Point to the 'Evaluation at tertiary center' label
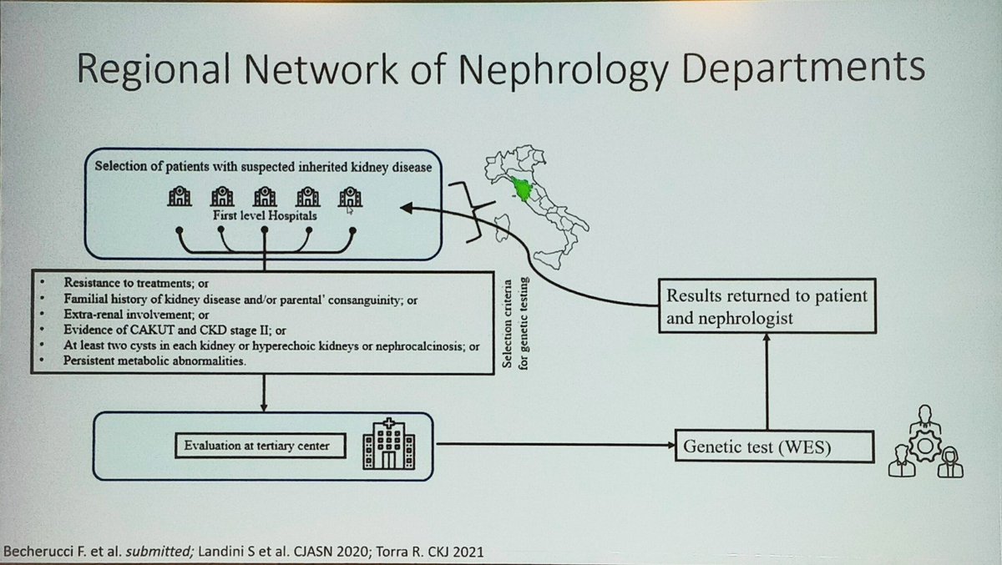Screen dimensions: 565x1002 (257, 446)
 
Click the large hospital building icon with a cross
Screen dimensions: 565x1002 (384, 443)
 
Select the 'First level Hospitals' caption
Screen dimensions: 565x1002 (264, 214)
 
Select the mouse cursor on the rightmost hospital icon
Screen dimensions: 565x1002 (350, 209)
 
